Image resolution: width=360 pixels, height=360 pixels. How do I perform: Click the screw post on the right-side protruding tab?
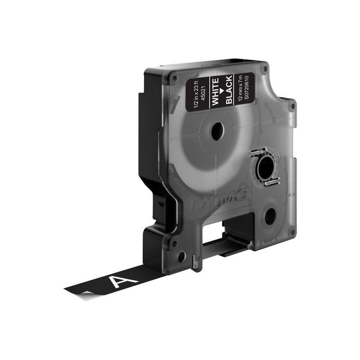click(292, 107)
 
